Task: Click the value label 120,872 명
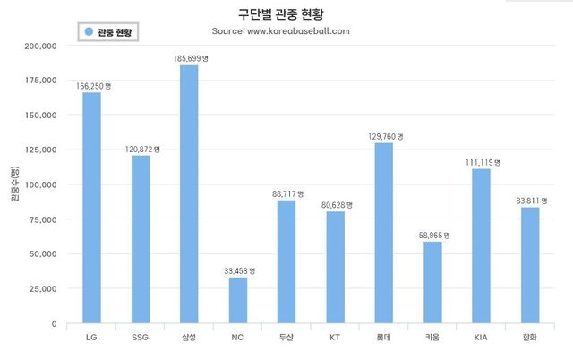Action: click(x=141, y=149)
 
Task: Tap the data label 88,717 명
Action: click(x=286, y=193)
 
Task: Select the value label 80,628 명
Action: click(x=336, y=204)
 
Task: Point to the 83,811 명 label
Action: click(x=530, y=200)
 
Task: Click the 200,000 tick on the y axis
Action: click(x=42, y=46)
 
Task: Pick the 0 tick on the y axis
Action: click(x=54, y=323)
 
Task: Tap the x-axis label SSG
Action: click(x=141, y=337)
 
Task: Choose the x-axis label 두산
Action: click(x=286, y=337)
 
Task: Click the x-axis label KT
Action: click(x=335, y=337)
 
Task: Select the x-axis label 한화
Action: click(x=529, y=337)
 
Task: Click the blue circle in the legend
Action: click(x=89, y=31)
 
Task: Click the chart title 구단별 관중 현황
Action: click(x=280, y=15)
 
